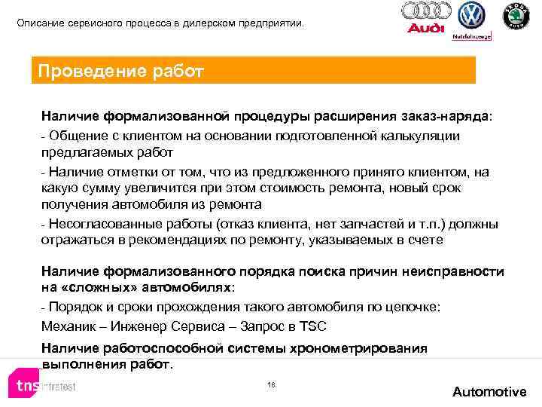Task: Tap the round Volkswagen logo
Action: [x=472, y=15]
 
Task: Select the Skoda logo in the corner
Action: [x=516, y=16]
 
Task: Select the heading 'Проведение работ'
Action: [x=121, y=71]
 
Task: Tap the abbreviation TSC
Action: [x=312, y=326]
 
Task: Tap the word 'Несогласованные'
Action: [x=94, y=224]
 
